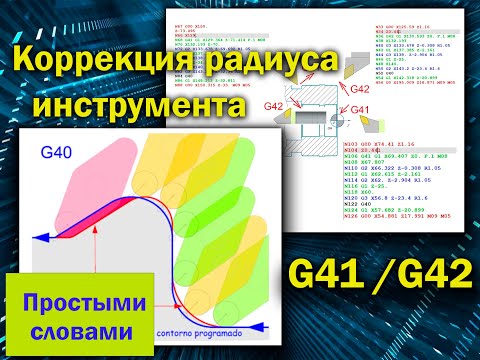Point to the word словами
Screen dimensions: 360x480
(84, 329)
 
